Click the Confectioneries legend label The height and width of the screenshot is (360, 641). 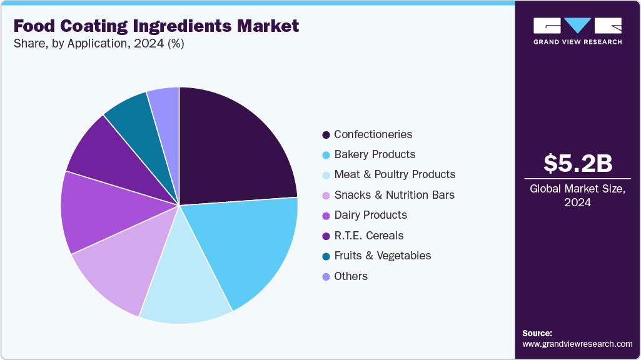click(x=373, y=134)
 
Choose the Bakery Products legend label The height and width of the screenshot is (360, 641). click(x=375, y=154)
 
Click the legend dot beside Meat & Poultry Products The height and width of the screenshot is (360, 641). click(x=326, y=175)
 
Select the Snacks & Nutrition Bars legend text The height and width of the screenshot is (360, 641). click(x=394, y=195)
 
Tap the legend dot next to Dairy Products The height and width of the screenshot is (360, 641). click(x=326, y=216)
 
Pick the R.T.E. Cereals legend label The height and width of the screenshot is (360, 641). click(x=368, y=236)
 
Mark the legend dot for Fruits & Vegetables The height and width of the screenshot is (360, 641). click(x=326, y=256)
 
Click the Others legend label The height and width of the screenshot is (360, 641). click(x=351, y=276)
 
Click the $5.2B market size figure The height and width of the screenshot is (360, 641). click(x=577, y=163)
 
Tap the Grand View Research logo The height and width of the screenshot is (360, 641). click(x=577, y=31)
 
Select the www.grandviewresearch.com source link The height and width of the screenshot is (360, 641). click(x=577, y=344)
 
